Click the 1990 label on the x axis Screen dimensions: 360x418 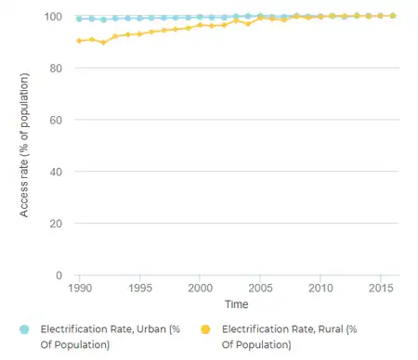(x=79, y=289)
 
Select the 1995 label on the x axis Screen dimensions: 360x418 (x=139, y=289)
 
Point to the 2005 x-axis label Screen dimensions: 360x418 (x=260, y=289)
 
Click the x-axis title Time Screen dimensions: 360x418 (x=236, y=304)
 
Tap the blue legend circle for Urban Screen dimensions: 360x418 (x=25, y=329)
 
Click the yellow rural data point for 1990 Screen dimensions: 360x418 (x=80, y=41)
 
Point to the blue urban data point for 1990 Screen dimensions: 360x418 (x=80, y=19)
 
